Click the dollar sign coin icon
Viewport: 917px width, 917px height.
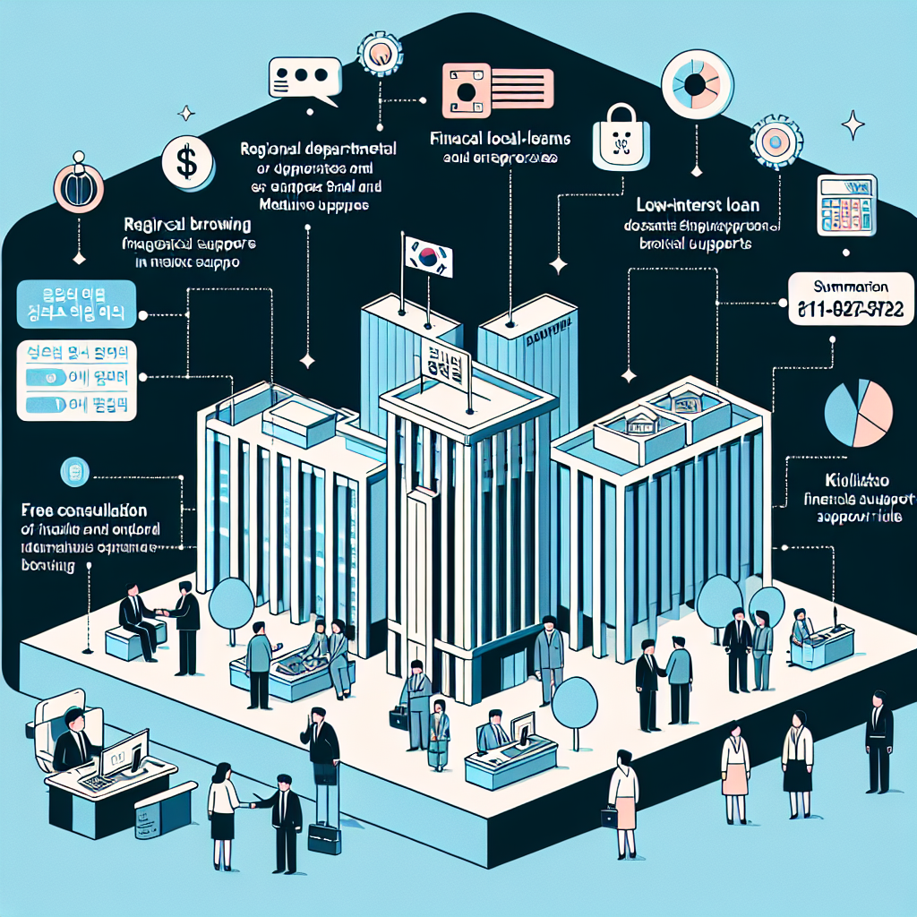(186, 162)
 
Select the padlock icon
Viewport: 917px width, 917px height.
(617, 135)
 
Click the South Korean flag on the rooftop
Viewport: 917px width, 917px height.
(428, 256)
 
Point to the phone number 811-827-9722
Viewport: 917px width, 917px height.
(848, 312)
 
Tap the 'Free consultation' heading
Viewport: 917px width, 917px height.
(83, 510)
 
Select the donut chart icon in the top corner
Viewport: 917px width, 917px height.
(697, 83)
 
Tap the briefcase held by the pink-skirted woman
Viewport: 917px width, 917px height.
(610, 817)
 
